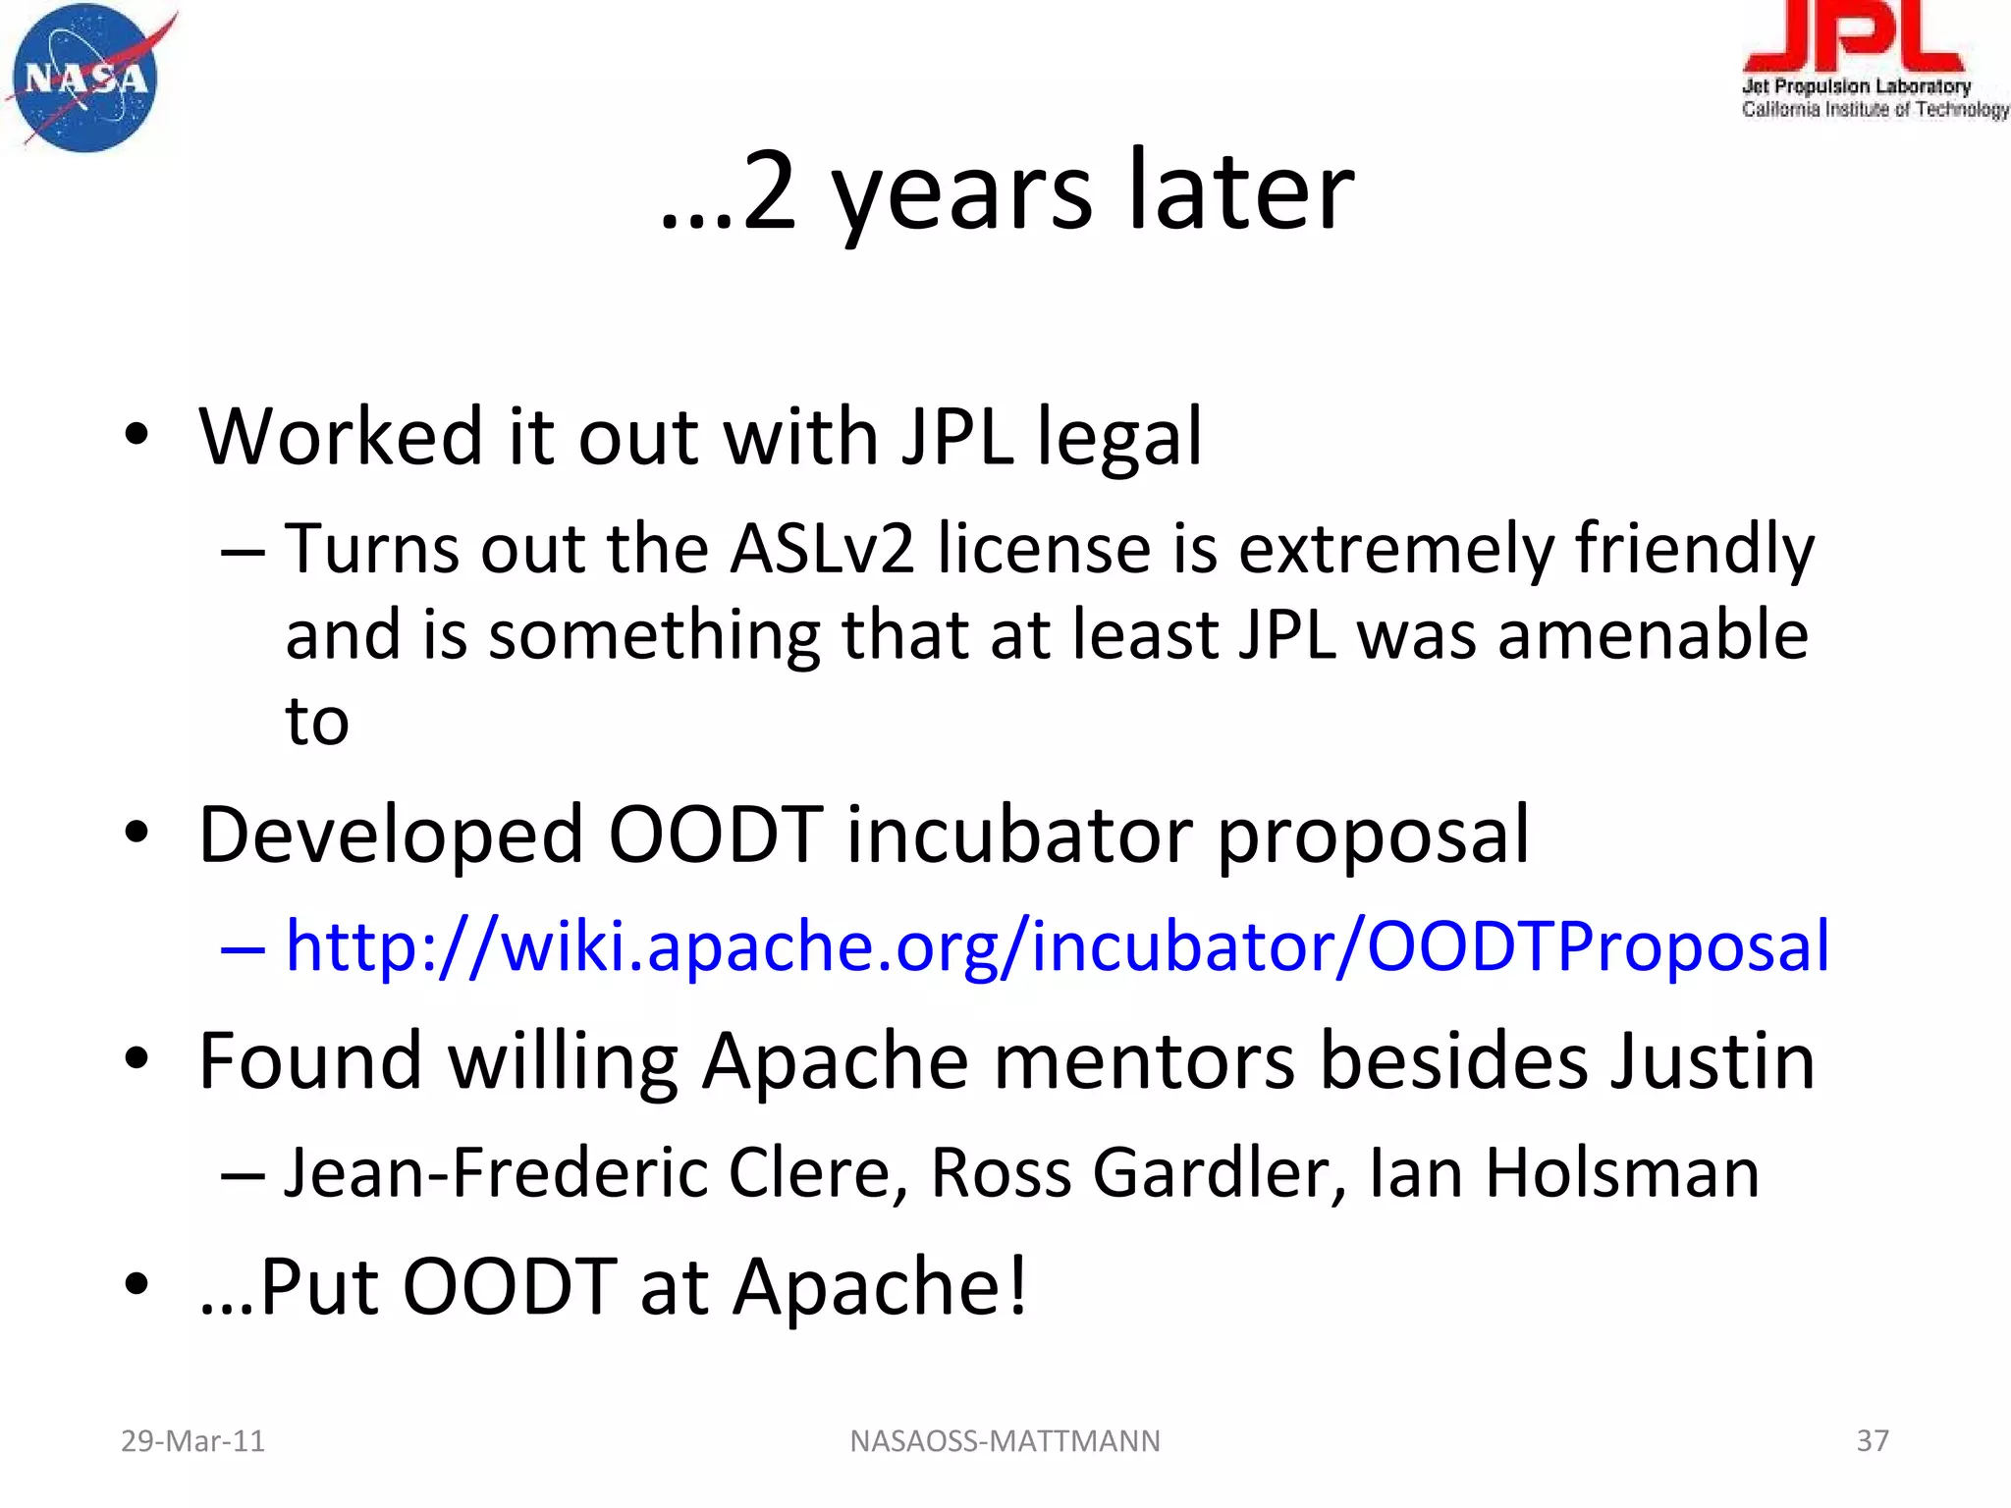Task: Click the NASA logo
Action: pos(86,79)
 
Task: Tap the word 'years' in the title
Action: pos(961,192)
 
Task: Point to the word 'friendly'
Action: pos(1695,549)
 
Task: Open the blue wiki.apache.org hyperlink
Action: pos(1057,946)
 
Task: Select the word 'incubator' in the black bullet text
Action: pos(1019,835)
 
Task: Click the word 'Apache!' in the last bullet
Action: pos(880,1287)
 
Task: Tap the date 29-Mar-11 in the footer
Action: pos(192,1440)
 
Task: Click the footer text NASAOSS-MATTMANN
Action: pos(1005,1440)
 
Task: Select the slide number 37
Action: pos(1872,1440)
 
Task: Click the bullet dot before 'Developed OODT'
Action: pos(136,834)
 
